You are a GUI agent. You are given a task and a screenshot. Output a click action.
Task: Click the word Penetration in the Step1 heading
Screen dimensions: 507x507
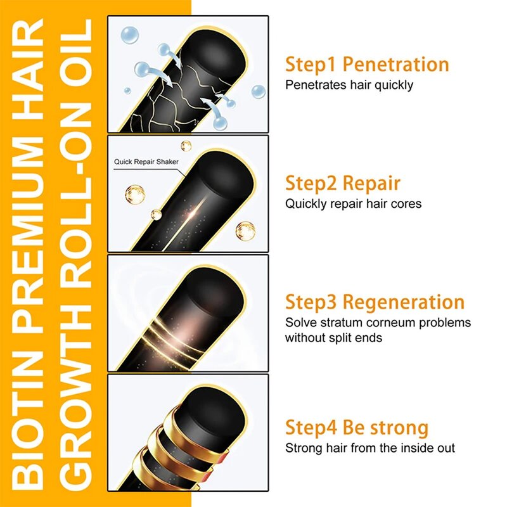[400, 65]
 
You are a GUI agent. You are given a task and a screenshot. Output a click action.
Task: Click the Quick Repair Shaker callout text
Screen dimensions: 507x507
[146, 162]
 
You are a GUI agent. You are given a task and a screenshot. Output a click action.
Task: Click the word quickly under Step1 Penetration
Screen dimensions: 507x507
[390, 85]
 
